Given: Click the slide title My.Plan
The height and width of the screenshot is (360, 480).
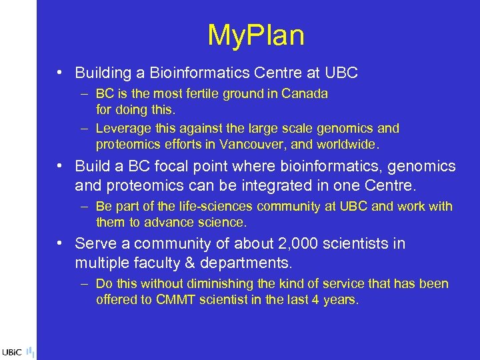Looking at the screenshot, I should click(x=256, y=35).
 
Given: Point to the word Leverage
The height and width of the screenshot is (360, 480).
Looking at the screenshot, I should click(x=124, y=128).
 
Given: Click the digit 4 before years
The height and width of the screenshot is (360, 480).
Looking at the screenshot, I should click(x=315, y=299).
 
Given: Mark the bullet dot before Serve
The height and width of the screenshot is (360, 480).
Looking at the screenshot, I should click(x=60, y=244).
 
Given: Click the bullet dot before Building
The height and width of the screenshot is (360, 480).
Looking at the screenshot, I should click(x=60, y=72).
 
